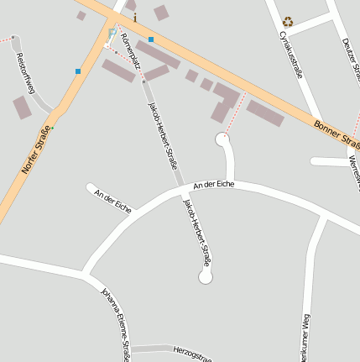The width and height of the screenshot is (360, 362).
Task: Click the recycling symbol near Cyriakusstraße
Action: (288, 22)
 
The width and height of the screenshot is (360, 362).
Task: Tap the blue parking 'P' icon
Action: (112, 33)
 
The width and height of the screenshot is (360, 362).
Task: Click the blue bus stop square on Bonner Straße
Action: (151, 39)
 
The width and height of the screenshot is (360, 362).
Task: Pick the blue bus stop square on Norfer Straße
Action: (78, 71)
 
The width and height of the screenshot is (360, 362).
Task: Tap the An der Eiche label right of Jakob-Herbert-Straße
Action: (213, 183)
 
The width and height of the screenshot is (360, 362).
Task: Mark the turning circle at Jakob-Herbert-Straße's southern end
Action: (206, 276)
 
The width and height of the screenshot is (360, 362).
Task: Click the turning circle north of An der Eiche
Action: (222, 139)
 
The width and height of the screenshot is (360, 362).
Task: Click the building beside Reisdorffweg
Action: (22, 108)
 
